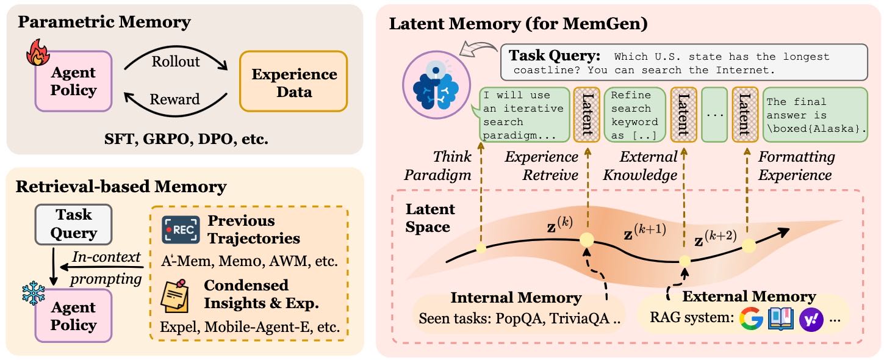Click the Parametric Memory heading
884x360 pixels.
[x=104, y=23]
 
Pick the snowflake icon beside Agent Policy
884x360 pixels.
[x=34, y=293]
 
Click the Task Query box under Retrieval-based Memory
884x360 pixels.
[x=74, y=223]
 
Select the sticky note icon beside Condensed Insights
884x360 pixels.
[x=176, y=295]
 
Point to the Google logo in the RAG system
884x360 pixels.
[x=752, y=319]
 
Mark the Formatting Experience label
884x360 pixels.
[x=796, y=166]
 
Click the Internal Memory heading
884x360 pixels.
[x=516, y=298]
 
